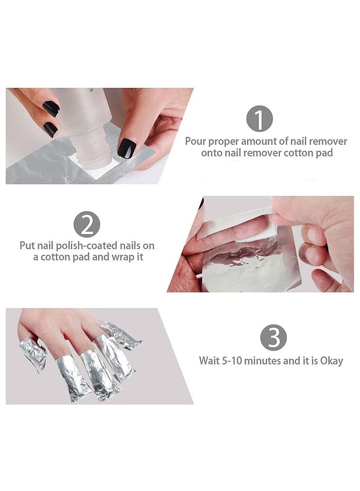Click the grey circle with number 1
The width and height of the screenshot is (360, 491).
[x=259, y=118]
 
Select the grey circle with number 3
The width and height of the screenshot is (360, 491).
[x=274, y=338]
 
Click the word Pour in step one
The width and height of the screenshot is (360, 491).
[x=195, y=141]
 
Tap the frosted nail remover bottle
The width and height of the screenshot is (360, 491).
[x=89, y=122]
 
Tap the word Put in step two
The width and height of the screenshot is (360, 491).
[x=27, y=246]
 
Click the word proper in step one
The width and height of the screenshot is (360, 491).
[x=224, y=141]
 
